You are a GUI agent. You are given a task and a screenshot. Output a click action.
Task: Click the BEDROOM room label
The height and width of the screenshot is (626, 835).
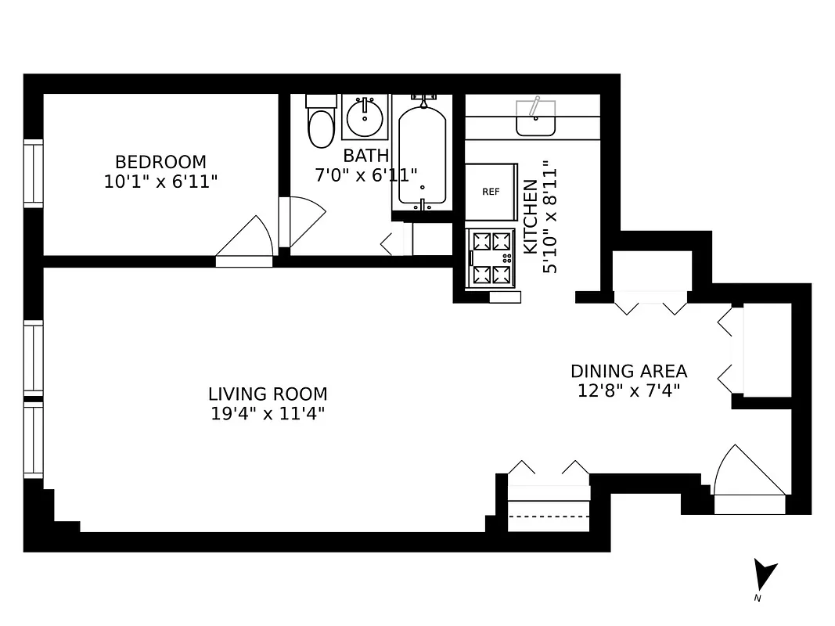pyautogui.click(x=160, y=162)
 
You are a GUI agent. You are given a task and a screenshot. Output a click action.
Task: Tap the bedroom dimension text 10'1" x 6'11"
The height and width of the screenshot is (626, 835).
pyautogui.click(x=160, y=182)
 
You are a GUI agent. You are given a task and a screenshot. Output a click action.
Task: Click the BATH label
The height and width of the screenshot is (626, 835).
pyautogui.click(x=365, y=155)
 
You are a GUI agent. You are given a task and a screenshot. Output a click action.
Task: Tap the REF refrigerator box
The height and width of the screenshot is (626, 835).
pyautogui.click(x=491, y=192)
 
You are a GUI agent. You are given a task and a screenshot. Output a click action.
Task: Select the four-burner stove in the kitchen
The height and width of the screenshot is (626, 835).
pyautogui.click(x=491, y=258)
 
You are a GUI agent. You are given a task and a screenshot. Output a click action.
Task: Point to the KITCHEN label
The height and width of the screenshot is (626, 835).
pyautogui.click(x=531, y=217)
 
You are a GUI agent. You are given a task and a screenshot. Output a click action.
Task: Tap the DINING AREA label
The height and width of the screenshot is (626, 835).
pyautogui.click(x=628, y=371)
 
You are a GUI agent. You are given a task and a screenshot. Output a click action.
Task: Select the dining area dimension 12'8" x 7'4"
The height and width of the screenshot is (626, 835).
pyautogui.click(x=628, y=390)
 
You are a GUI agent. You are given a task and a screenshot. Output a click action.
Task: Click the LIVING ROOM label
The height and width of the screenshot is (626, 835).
pyautogui.click(x=268, y=394)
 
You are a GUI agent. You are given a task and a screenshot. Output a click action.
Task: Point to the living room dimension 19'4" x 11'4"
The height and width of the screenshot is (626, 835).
pyautogui.click(x=268, y=413)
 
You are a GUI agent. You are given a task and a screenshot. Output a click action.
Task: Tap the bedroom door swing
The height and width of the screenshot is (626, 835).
pyautogui.click(x=246, y=239)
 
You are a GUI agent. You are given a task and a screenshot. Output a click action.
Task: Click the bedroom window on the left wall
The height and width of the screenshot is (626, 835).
pyautogui.click(x=33, y=173)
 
